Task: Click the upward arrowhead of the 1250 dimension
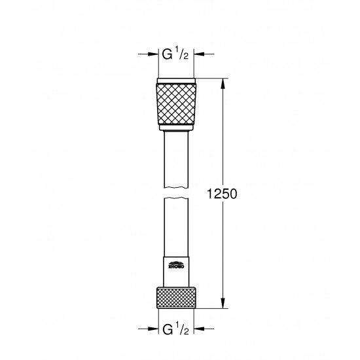tap(224, 83)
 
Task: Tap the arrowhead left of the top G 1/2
tap(154, 55)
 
